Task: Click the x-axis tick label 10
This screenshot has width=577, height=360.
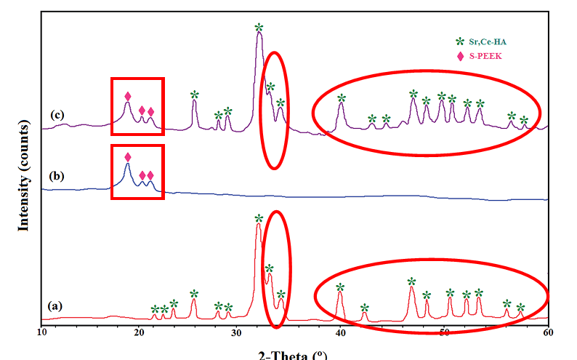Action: pyautogui.click(x=41, y=332)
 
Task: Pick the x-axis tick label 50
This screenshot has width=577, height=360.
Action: pyautogui.click(x=444, y=332)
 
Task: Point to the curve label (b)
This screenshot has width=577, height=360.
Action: pyautogui.click(x=57, y=175)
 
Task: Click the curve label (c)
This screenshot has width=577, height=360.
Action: pyautogui.click(x=58, y=115)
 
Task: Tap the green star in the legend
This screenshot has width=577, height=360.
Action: pyautogui.click(x=459, y=41)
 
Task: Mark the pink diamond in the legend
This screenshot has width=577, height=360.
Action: pyautogui.click(x=459, y=56)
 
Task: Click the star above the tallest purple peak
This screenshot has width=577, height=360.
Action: pyautogui.click(x=259, y=28)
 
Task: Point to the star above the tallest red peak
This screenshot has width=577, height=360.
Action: pyautogui.click(x=259, y=218)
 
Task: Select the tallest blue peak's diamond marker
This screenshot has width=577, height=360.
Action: pyautogui.click(x=128, y=157)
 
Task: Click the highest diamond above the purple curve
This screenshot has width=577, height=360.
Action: pyautogui.click(x=128, y=96)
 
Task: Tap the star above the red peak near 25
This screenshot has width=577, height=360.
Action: pyautogui.click(x=194, y=294)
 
